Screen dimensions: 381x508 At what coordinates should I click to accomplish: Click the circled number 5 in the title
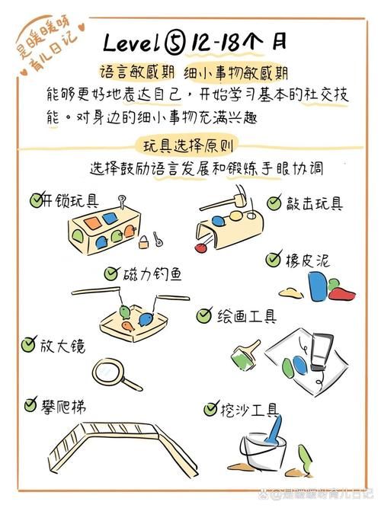[x=174, y=43]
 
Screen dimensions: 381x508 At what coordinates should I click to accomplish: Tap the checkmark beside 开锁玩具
[x=37, y=200]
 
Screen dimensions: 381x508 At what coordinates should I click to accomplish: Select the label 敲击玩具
[x=314, y=204]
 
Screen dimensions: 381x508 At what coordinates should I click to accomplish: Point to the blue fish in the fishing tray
[x=146, y=319]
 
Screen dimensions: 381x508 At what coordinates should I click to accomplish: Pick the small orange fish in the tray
[x=128, y=326]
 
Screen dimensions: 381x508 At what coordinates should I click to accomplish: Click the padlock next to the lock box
[x=144, y=242]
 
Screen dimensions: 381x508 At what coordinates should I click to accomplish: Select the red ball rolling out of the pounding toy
[x=201, y=248]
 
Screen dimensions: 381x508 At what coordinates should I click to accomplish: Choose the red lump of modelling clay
[x=341, y=293]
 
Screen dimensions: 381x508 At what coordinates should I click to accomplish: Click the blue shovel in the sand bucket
[x=274, y=429]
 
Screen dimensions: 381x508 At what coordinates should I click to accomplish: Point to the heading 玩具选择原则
[x=188, y=146]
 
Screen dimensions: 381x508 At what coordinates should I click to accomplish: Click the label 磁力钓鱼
[x=152, y=275]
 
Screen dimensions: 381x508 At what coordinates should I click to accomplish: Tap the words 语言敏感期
[x=137, y=72]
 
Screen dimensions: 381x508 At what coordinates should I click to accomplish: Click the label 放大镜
[x=62, y=345]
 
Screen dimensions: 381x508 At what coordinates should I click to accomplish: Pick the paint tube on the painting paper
[x=321, y=353]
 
